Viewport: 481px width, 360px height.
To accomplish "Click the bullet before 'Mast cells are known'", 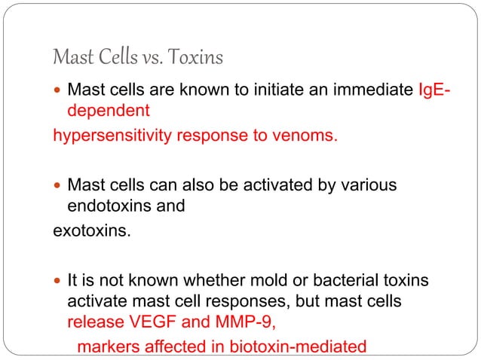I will coord(58,92).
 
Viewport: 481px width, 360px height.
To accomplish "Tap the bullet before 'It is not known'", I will coord(58,281).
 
